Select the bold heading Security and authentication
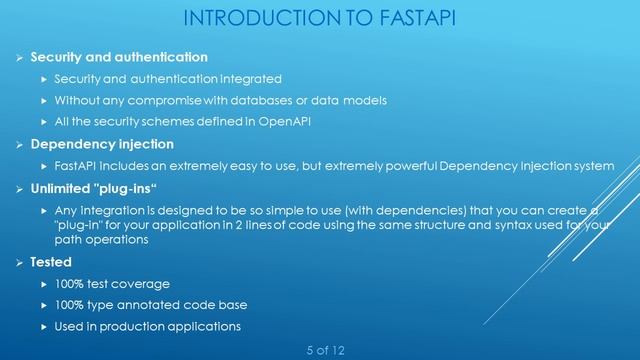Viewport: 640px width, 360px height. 119,57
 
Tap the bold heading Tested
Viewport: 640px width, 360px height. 50,263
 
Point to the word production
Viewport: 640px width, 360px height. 133,326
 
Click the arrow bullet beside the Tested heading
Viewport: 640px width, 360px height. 16,263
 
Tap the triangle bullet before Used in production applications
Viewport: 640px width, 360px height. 43,326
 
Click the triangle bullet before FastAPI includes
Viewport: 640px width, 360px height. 43,165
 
